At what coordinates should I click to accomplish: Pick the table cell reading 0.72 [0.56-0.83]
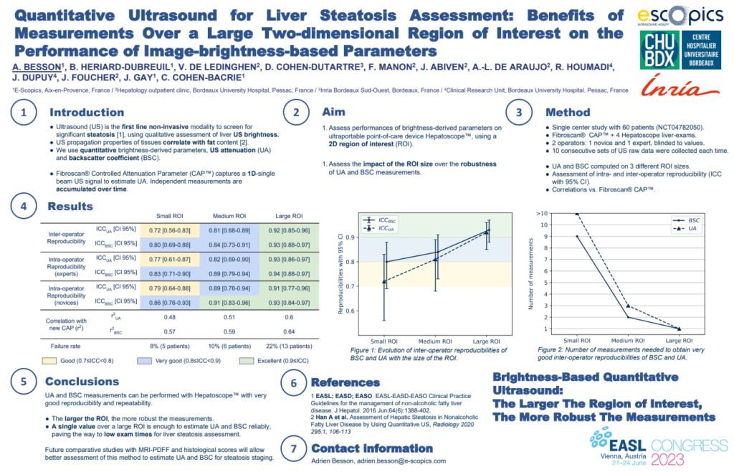(x=169, y=230)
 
